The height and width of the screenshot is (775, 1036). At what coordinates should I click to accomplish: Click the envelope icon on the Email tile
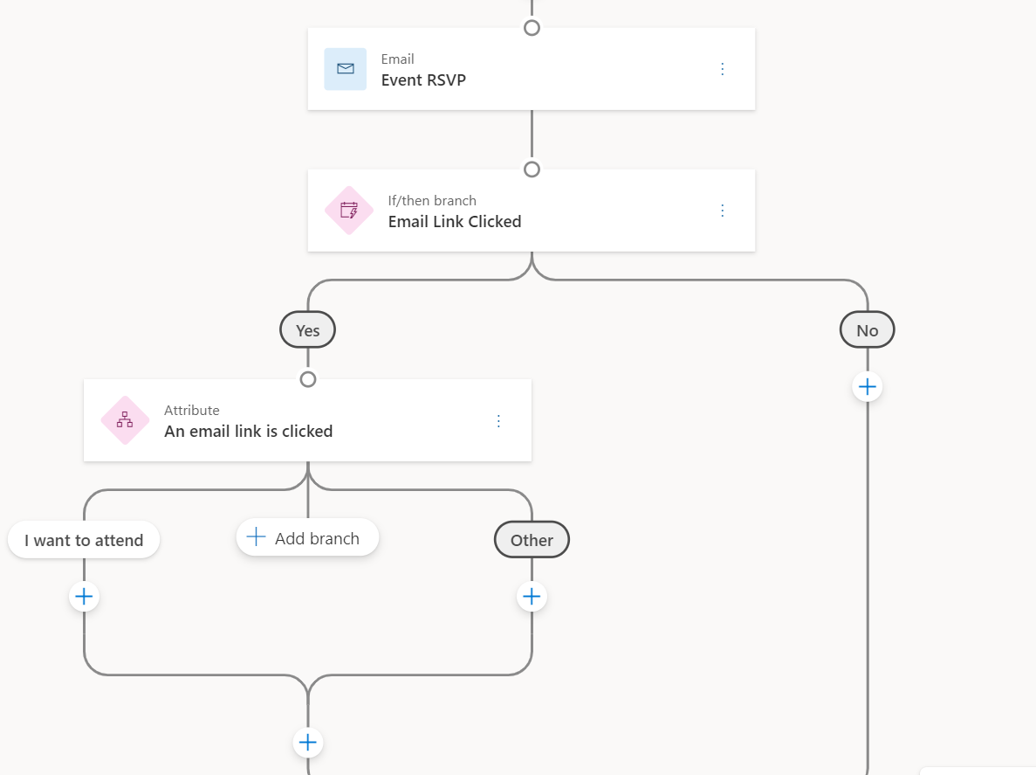346,69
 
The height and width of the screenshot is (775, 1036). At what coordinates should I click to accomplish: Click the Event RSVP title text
423,80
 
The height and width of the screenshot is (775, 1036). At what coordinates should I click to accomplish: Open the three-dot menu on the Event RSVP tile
722,69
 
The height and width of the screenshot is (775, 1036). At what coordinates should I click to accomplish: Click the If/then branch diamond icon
349,211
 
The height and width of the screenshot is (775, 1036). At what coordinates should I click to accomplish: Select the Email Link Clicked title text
454,222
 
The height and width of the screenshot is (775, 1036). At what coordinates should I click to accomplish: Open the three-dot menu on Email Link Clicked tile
722,211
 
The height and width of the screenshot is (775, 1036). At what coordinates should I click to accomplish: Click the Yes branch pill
307,330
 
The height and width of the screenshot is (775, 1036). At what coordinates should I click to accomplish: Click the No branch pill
867,330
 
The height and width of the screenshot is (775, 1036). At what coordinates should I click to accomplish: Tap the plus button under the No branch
867,386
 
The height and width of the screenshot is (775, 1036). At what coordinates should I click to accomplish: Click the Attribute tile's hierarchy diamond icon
125,420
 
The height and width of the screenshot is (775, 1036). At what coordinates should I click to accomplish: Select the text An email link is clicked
248,432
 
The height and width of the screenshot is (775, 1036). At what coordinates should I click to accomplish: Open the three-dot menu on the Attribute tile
498,421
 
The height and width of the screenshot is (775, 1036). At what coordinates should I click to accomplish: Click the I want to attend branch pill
84,540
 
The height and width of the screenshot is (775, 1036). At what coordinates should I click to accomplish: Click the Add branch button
307,538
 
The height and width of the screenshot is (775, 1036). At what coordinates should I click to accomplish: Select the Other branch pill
532,540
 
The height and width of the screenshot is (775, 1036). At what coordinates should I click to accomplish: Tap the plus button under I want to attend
84,597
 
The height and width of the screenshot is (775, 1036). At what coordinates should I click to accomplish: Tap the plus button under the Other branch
532,597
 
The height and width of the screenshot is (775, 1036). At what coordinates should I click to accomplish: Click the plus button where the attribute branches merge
307,743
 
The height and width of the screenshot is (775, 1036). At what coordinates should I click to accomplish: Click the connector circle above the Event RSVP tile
532,27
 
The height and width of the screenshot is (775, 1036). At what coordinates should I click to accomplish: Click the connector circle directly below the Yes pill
307,379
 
